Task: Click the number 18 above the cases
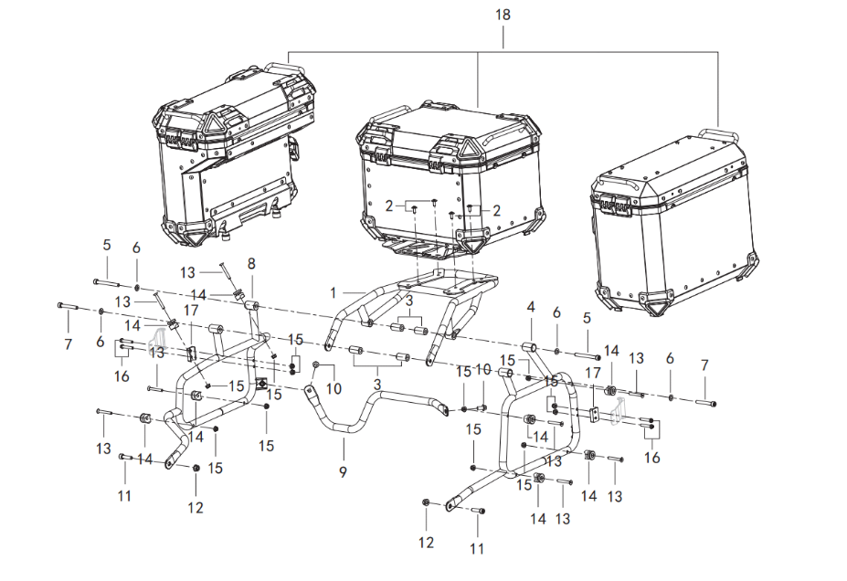(503, 15)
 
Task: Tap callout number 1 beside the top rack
(333, 293)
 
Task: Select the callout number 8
(251, 264)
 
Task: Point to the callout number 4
(531, 307)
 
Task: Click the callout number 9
(343, 472)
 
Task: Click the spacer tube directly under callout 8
(252, 307)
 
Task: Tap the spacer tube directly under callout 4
(529, 346)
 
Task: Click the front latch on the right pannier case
(613, 205)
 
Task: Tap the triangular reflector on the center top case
(465, 147)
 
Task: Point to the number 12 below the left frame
(196, 508)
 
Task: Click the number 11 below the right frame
(476, 549)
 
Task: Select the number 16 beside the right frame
(652, 458)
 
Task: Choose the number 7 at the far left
(68, 344)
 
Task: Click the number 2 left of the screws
(389, 206)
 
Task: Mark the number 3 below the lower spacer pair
(377, 385)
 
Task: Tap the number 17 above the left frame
(191, 311)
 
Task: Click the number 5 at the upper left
(106, 245)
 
